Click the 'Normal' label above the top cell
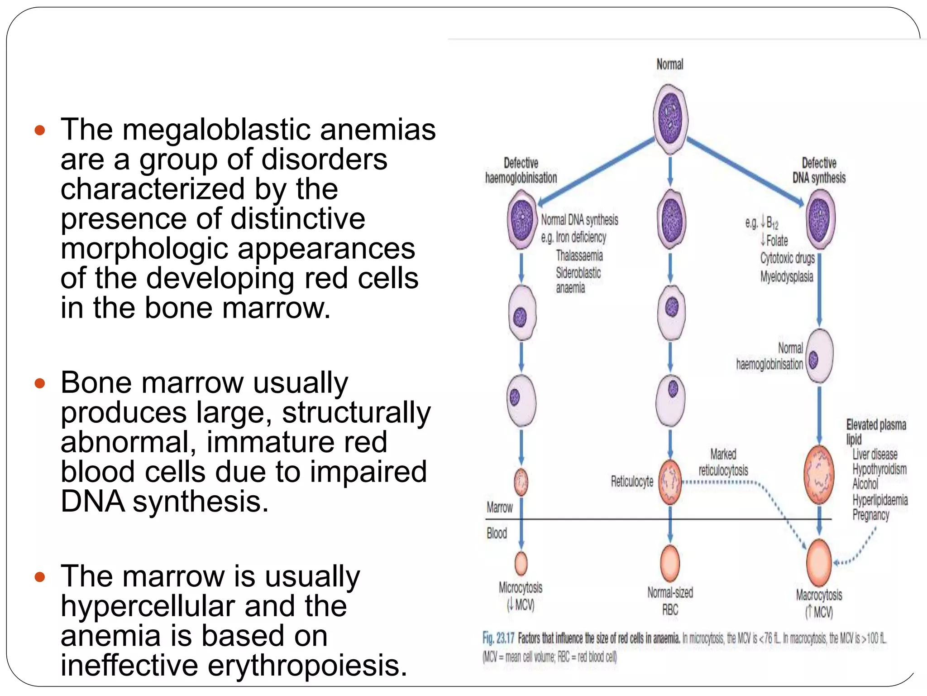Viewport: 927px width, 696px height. point(669,64)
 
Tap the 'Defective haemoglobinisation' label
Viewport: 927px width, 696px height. point(521,170)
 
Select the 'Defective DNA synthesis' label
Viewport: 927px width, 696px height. point(818,170)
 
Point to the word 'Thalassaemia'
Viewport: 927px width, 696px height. point(579,256)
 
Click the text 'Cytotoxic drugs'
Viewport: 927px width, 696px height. point(787,258)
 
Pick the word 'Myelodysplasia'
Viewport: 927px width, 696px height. point(787,276)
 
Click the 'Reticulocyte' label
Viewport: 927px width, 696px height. point(632,481)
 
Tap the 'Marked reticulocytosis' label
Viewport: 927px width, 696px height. point(723,462)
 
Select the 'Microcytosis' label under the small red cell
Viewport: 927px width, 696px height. point(521,588)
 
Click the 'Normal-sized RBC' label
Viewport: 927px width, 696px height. point(670,600)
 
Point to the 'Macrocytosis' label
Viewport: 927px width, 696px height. point(819,595)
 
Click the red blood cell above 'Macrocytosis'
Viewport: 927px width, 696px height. point(819,562)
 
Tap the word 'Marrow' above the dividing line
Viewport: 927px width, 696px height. point(500,507)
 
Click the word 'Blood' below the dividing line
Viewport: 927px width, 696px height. point(497,533)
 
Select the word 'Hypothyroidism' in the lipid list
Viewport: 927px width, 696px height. point(879,469)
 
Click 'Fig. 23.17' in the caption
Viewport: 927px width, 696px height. point(498,638)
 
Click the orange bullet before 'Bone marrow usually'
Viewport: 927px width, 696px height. point(40,384)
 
